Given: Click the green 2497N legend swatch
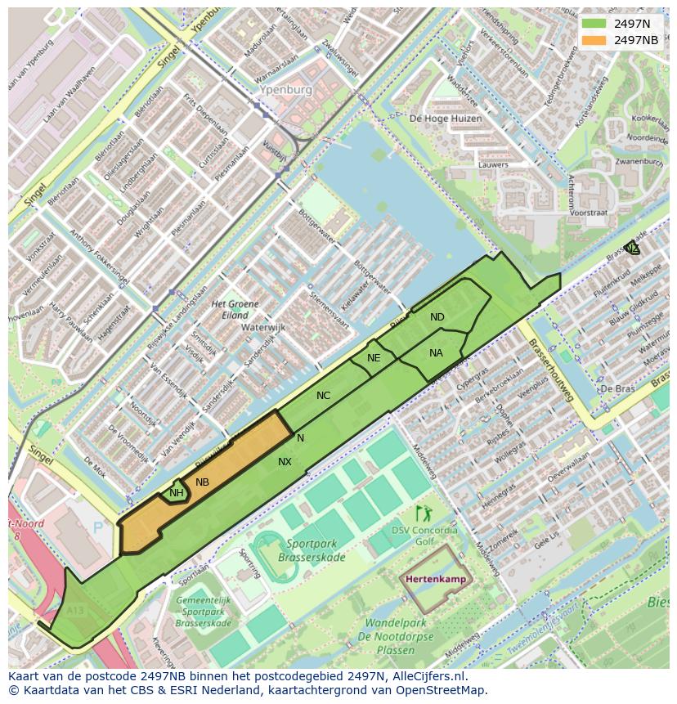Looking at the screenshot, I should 594,24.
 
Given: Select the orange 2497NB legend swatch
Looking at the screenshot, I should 594,39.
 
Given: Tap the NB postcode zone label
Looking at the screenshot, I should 202,482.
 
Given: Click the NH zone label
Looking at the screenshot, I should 176,493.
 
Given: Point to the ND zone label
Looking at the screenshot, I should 437,317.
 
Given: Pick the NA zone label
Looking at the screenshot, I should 436,353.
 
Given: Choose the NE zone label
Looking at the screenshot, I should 374,358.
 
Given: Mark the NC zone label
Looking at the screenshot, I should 323,396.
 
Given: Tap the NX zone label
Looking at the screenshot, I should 285,462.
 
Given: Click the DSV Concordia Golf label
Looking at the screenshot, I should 424,536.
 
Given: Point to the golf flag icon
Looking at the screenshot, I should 424,513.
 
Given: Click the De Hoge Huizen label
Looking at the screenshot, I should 446,119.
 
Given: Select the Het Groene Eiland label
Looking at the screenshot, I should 235,309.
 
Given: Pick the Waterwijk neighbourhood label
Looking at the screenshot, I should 263,327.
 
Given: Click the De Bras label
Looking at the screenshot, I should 618,388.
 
